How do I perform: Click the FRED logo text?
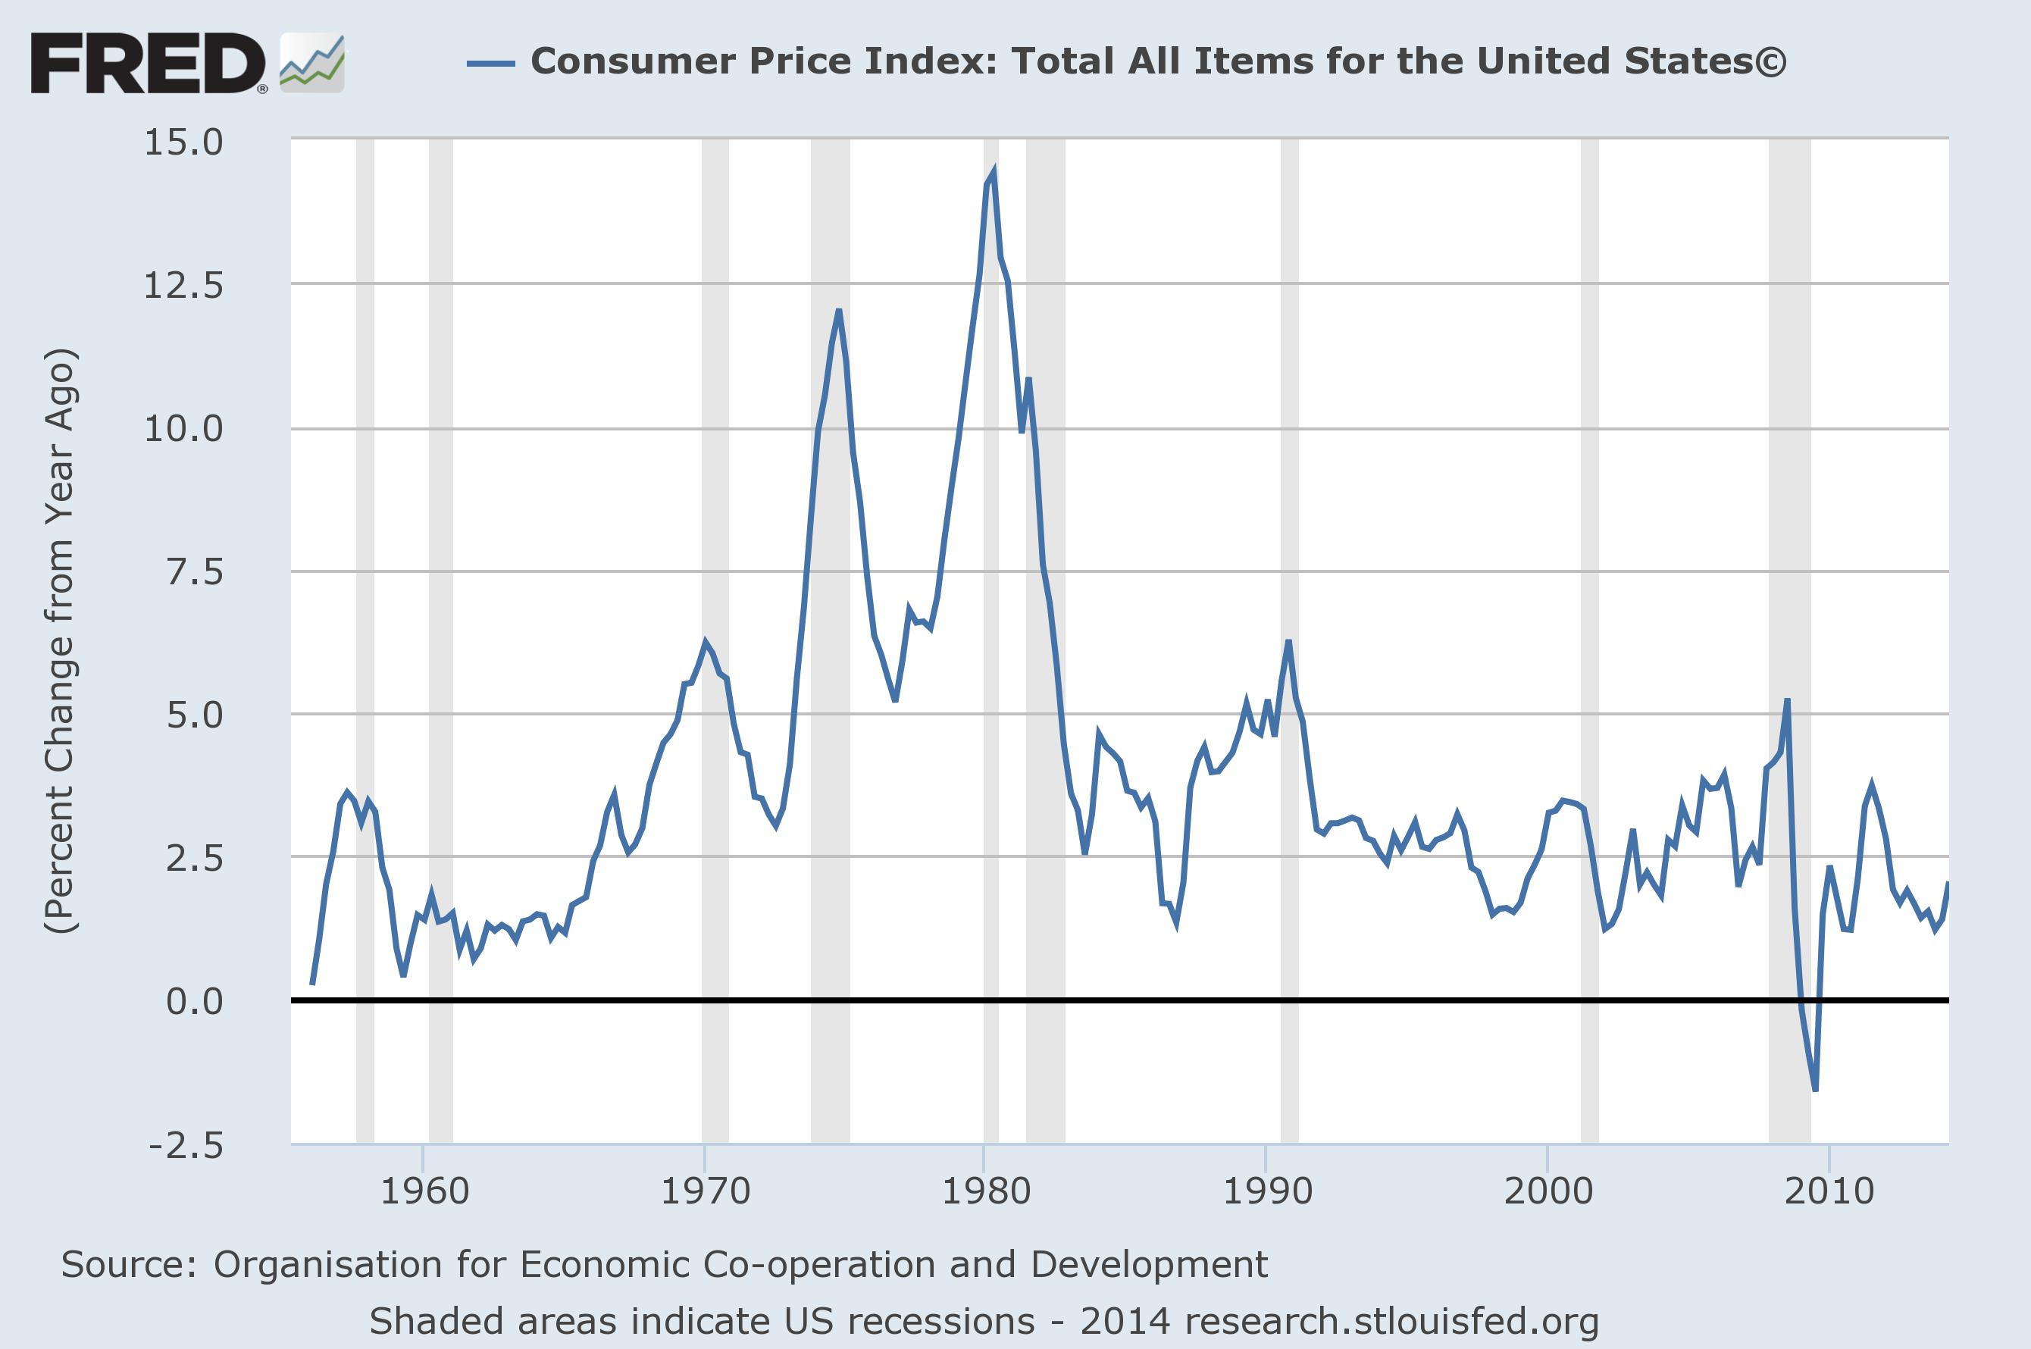[x=147, y=64]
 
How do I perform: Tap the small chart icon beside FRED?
[x=312, y=64]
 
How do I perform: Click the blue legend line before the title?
[x=490, y=63]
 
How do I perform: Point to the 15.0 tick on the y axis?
[x=183, y=142]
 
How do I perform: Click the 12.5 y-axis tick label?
[x=183, y=286]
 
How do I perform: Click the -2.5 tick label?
[x=185, y=1146]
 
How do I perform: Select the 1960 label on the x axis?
[x=424, y=1191]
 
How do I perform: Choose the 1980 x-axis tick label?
[x=986, y=1191]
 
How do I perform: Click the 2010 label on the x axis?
[x=1829, y=1191]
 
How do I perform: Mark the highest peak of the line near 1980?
[x=994, y=172]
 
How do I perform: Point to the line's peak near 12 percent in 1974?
[x=839, y=311]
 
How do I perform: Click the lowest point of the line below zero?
[x=1815, y=1090]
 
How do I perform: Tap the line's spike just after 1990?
[x=1288, y=642]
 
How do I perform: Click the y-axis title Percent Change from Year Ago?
[x=60, y=641]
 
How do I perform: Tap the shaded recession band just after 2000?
[x=1590, y=641]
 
